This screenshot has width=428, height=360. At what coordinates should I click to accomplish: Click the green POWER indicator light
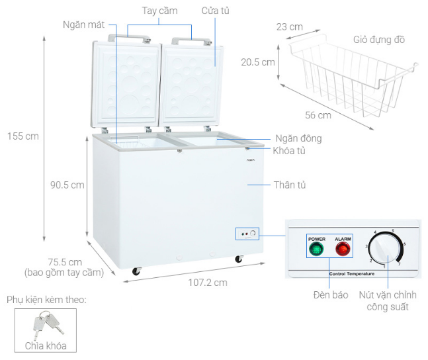[x=317, y=249]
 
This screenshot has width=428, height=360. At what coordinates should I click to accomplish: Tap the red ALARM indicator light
[x=343, y=249]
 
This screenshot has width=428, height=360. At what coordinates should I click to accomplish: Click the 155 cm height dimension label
[x=22, y=136]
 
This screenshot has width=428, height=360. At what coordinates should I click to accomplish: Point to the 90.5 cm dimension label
[x=67, y=185]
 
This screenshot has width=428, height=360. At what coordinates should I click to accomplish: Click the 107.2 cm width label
[x=206, y=283]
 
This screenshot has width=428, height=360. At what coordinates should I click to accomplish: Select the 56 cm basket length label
[x=319, y=115]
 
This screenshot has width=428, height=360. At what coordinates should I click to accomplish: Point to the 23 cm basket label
[x=290, y=27]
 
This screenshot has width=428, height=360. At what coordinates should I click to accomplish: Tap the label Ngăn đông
[x=298, y=138]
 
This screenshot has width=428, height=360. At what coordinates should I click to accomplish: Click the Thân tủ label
[x=289, y=185]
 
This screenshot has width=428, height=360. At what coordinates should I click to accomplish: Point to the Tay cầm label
[x=159, y=11]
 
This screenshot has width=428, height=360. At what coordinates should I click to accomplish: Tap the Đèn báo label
[x=330, y=294]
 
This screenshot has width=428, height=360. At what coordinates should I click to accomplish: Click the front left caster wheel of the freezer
[x=136, y=271]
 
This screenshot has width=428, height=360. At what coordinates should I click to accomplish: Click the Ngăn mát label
[x=83, y=24]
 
